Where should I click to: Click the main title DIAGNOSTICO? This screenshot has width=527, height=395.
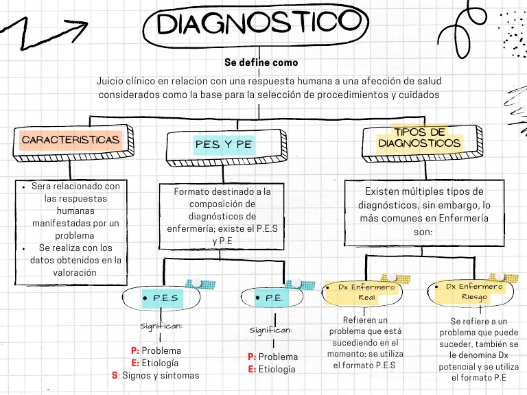[250, 25]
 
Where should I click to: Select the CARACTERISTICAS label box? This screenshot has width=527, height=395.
[71, 140]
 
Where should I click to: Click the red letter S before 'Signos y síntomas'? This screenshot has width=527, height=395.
[115, 375]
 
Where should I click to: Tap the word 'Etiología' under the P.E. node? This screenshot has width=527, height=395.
[277, 370]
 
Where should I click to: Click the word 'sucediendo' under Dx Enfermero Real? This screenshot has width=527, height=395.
[356, 342]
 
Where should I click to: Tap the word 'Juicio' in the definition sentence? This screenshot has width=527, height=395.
[111, 81]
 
